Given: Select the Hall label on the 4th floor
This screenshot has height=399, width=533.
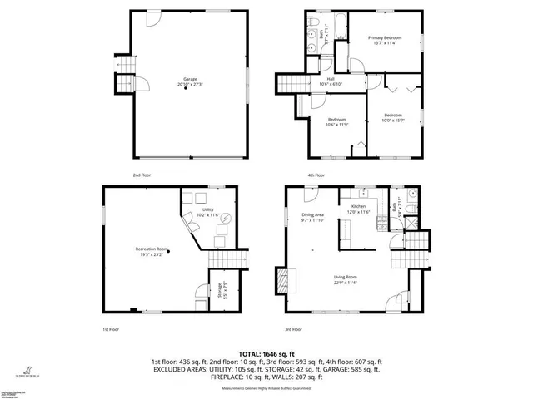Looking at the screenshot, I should point(331,81).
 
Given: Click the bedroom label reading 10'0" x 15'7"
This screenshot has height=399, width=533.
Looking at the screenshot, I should point(394,117).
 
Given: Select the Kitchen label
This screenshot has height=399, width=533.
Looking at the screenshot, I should point(358,208).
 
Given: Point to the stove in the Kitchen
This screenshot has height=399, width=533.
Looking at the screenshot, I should point(381,223).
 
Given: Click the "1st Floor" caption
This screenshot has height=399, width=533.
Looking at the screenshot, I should point(112,330).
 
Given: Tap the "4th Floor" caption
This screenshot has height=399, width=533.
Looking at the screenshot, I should point(315,175).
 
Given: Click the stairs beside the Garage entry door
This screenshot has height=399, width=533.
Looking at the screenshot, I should point(124,84).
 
